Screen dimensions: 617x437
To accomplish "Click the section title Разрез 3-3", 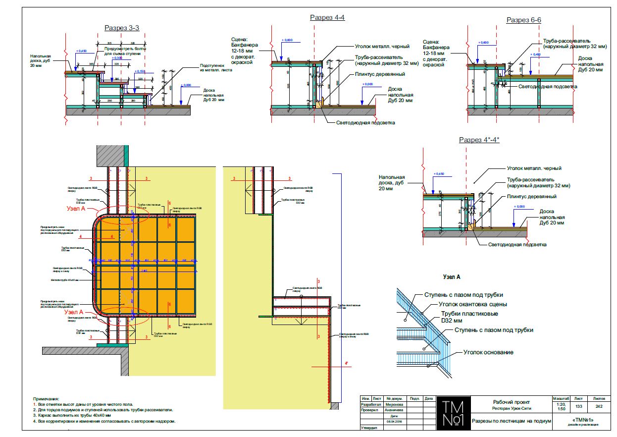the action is click(121, 28).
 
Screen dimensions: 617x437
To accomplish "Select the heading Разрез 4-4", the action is click(327, 18).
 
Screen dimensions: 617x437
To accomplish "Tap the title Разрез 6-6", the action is click(523, 20).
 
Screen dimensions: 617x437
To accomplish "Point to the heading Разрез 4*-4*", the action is click(479, 140).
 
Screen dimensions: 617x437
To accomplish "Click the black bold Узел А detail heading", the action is click(452, 277).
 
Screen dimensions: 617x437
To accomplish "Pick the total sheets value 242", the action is click(599, 406).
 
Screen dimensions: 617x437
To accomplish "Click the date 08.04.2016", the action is click(395, 421).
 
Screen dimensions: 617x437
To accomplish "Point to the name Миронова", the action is click(395, 404).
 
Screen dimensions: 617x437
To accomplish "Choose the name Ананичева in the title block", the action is click(395, 410).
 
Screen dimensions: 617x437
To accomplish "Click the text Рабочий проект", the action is click(511, 402).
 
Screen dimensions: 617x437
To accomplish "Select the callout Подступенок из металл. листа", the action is click(216, 67).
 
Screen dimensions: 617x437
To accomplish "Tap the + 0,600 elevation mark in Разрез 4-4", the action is click(287, 40).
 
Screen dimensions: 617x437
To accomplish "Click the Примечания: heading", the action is click(46, 399).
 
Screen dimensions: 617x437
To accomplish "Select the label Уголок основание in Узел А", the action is click(488, 352).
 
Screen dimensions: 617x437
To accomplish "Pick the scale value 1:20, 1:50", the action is click(561, 407).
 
